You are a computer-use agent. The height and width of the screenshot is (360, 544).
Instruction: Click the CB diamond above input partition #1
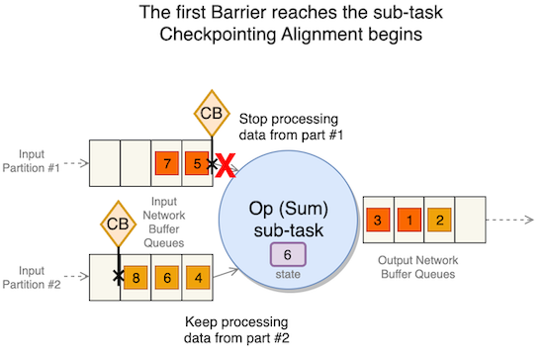(211, 113)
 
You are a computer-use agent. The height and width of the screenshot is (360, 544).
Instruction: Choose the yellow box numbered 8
(138, 278)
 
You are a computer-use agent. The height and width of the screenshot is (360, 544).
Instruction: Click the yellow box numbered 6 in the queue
(169, 278)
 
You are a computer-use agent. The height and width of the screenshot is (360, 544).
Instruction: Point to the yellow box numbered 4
(200, 278)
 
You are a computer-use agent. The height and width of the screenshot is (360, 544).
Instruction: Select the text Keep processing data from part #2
(236, 331)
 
